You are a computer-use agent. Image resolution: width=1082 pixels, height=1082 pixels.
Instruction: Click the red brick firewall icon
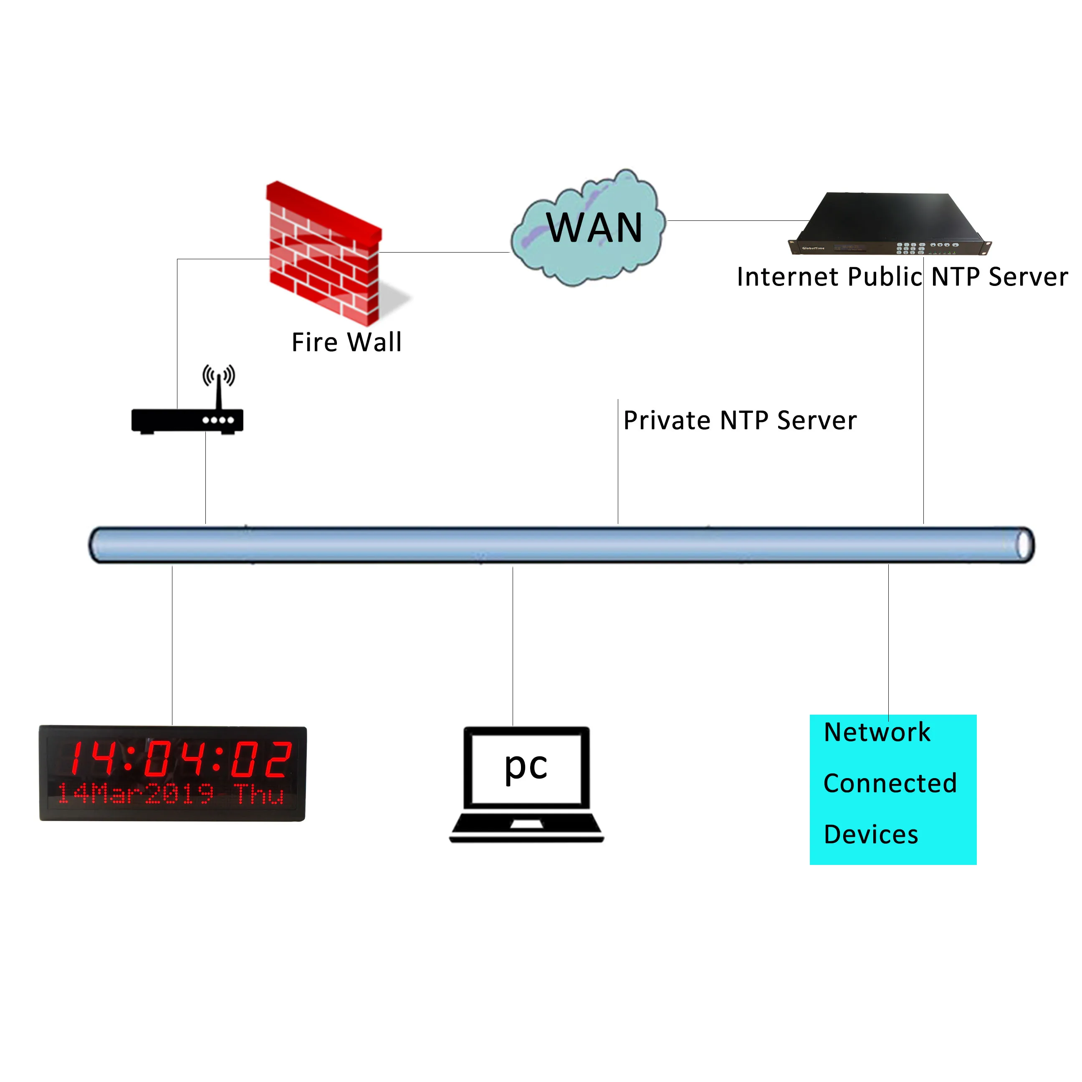click(323, 255)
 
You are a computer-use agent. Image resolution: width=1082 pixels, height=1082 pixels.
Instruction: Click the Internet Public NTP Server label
click(902, 277)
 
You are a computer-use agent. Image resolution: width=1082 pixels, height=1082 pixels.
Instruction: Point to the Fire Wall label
click(346, 342)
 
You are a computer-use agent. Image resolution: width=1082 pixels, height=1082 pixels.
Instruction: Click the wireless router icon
click(187, 420)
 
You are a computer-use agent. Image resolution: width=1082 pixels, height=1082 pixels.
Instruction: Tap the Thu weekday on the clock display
click(259, 794)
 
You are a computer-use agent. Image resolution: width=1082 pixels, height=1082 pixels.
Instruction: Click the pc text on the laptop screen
click(525, 766)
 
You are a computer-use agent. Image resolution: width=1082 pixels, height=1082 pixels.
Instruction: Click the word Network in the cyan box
click(877, 733)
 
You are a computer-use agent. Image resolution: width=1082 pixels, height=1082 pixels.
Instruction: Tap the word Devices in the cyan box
click(871, 834)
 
